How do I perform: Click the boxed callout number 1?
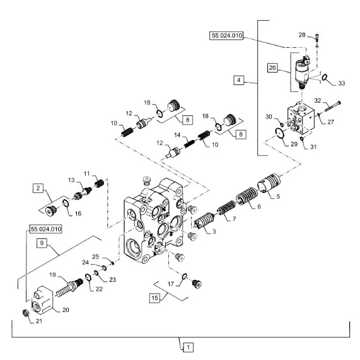(189, 347)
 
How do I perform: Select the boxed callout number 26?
(272, 67)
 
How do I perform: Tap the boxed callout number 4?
(239, 80)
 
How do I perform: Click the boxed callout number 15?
(154, 298)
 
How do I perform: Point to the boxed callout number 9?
(42, 243)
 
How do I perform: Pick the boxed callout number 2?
(38, 188)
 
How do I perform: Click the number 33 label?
(342, 83)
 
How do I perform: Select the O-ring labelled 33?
(324, 78)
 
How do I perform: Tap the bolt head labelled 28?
(316, 37)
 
